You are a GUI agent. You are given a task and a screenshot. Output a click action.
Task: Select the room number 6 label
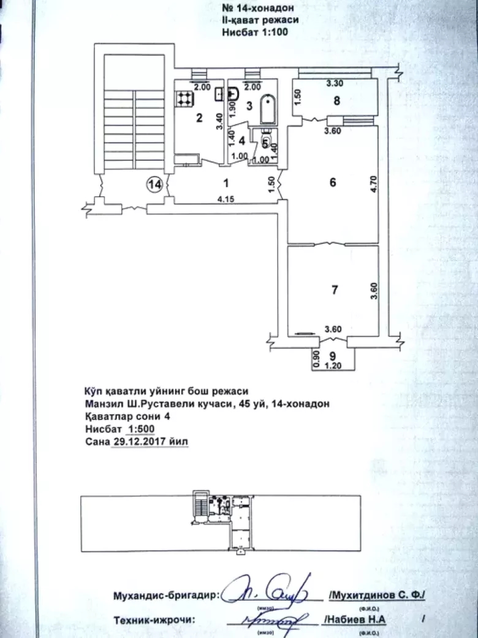tap(333, 182)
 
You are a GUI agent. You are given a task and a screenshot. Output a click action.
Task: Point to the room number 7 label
tap(334, 290)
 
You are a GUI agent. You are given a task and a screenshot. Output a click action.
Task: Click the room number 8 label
tap(336, 102)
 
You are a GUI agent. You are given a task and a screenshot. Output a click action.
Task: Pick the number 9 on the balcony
tap(332, 355)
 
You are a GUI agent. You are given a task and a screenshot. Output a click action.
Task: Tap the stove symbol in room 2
tap(184, 97)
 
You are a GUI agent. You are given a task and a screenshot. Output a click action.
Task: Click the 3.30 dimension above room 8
tap(333, 83)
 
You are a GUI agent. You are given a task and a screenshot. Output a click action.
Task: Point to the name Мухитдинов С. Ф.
tap(380, 596)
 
